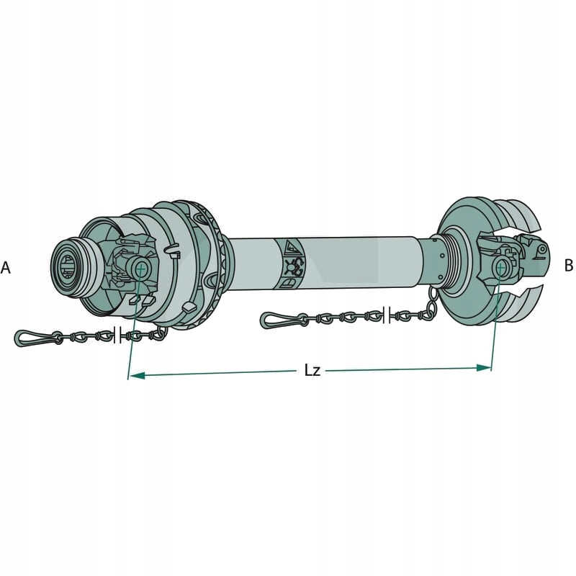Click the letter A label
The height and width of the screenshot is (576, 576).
click(6, 268)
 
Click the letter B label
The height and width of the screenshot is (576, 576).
click(568, 266)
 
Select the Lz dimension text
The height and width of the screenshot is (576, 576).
click(312, 371)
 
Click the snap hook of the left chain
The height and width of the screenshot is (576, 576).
click(33, 337)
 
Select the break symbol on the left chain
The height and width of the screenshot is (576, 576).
click(119, 334)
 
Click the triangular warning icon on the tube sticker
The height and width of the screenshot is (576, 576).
click(292, 248)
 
